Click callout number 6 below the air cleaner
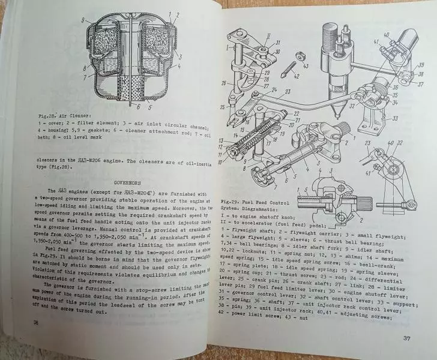tap(138, 109)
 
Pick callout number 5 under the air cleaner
tap(151, 109)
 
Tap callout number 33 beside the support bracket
tap(395, 118)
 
